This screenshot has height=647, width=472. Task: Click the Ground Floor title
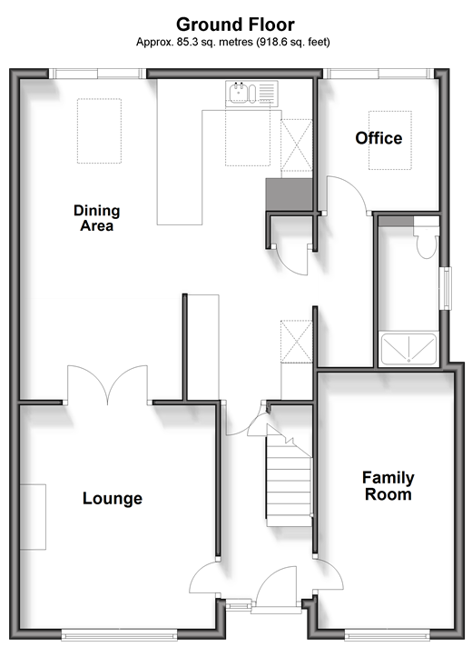tap(235, 25)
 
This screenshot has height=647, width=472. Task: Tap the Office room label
tap(379, 138)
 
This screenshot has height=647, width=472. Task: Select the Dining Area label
tap(97, 218)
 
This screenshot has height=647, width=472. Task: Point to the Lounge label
tap(113, 499)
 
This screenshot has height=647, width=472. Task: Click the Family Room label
tap(388, 485)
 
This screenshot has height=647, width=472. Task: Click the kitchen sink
tap(251, 94)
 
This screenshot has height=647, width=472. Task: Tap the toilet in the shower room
tap(427, 238)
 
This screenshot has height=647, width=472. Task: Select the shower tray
tap(408, 350)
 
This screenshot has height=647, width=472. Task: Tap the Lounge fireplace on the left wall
tap(33, 517)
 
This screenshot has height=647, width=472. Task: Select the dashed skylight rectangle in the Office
tap(390, 140)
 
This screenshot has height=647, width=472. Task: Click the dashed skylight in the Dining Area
tap(99, 131)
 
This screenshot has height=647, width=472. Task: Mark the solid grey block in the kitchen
tap(289, 194)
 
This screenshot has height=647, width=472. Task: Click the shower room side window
tap(447, 288)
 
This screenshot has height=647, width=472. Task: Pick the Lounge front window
tap(119, 634)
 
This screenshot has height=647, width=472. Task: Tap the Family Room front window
tap(387, 634)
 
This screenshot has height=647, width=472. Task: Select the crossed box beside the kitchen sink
tap(297, 145)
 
